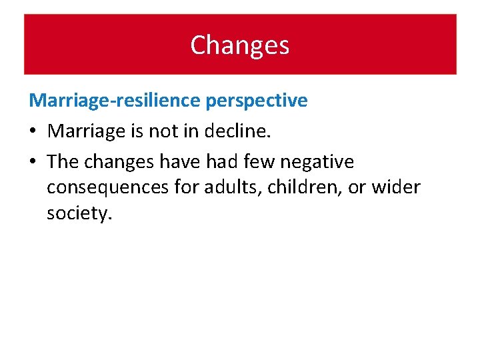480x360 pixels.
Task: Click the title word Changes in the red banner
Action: click(239, 45)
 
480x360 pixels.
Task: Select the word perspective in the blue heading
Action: click(257, 101)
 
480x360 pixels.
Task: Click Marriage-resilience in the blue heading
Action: click(115, 101)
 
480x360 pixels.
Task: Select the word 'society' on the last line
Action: click(75, 214)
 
